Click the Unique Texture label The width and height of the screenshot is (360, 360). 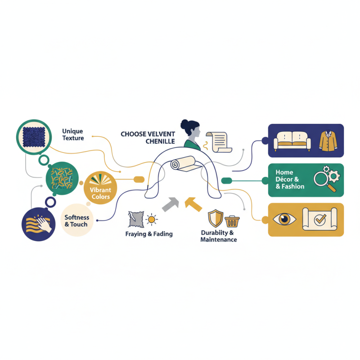point(73,135)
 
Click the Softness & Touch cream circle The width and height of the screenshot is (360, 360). point(76,220)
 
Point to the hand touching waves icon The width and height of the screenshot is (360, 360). point(38,225)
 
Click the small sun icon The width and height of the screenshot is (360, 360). point(152,220)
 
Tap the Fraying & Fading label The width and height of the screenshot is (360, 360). point(149,234)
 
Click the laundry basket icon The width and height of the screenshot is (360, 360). point(232,221)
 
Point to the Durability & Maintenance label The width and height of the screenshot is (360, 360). point(218,236)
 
